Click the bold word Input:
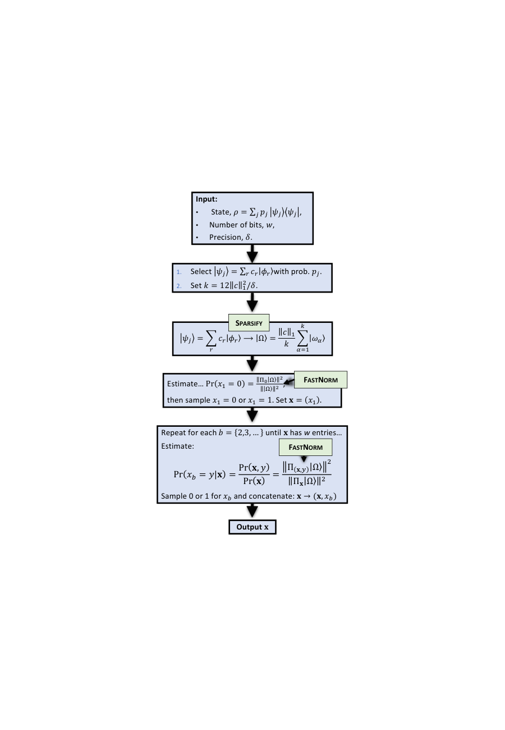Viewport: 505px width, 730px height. [x=206, y=199]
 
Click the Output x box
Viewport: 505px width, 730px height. [x=252, y=527]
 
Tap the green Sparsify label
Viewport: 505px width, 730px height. [x=249, y=323]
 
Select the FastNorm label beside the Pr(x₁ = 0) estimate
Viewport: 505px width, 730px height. [x=320, y=380]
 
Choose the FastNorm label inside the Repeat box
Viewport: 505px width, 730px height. [x=305, y=447]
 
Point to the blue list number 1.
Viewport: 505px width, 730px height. [x=179, y=272]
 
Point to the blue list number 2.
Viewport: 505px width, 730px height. [x=179, y=286]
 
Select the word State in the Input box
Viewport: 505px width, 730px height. [x=221, y=212]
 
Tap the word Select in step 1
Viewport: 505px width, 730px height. [x=201, y=271]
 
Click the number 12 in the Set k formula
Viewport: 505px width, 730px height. [x=224, y=285]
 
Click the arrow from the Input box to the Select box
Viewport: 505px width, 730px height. [x=252, y=254]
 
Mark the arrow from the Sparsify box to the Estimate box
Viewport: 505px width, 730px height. [x=252, y=363]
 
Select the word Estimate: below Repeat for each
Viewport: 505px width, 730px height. [x=177, y=446]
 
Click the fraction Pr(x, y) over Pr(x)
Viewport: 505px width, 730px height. [x=254, y=474]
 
